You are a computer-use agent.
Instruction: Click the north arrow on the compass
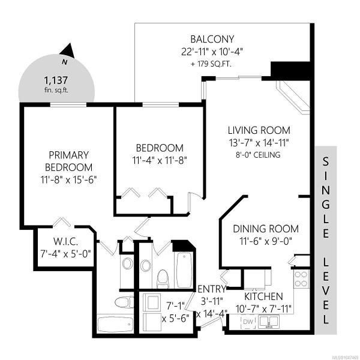pos(68,51)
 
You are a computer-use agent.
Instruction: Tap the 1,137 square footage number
pos(56,80)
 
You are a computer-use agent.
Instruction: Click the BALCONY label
pos(212,39)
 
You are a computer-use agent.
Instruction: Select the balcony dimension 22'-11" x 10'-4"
pos(212,52)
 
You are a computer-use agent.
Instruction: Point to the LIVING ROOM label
pos(259,130)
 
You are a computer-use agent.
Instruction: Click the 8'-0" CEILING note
pos(258,155)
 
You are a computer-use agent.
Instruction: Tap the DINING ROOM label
pos(266,229)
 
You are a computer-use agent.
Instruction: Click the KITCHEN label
pos(263,296)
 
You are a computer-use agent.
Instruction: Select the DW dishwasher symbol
pos(248,322)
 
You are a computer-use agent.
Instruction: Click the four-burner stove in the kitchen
pos(301,279)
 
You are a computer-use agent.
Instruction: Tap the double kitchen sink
pos(269,322)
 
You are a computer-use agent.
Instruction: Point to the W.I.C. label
pos(65,242)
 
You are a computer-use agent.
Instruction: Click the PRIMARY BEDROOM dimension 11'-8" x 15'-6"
pos(68,179)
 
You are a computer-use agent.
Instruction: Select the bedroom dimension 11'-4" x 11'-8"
pos(160,160)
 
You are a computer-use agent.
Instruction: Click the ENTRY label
pos(212,289)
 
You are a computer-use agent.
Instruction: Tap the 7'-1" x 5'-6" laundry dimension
pos(176,312)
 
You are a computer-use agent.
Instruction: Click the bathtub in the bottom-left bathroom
pos(115,325)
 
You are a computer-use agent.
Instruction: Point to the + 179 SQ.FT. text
pos(211,64)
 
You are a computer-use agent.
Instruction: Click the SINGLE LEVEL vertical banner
pos(326,241)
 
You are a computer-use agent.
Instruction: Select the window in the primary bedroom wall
pos(68,104)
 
